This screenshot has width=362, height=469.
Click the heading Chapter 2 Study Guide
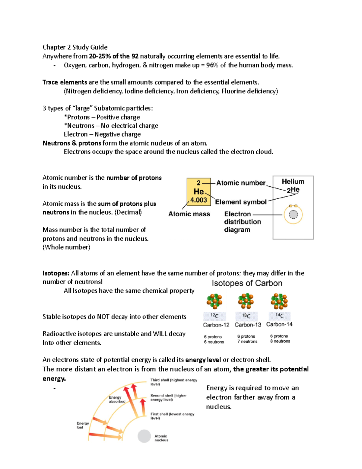click(x=75, y=47)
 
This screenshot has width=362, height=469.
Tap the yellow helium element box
click(x=198, y=191)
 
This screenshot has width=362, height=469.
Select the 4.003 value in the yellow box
click(x=198, y=200)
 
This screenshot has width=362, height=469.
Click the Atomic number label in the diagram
click(x=241, y=183)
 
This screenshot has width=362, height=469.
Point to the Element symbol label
click(x=241, y=202)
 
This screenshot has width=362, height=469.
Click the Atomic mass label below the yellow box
click(x=189, y=214)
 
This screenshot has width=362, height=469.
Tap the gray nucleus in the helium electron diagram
click(x=293, y=215)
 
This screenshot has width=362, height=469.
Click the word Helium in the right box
click(x=293, y=181)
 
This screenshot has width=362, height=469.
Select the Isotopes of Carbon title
click(x=247, y=283)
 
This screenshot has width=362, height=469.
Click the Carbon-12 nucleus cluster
click(x=214, y=301)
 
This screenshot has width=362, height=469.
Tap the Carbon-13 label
click(x=248, y=325)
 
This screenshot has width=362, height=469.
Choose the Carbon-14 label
click(x=279, y=324)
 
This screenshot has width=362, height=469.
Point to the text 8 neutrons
click(x=280, y=341)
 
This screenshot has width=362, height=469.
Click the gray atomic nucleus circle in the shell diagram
click(x=144, y=436)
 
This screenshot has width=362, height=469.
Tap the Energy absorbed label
click(x=117, y=399)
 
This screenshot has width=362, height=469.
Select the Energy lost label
click(x=82, y=425)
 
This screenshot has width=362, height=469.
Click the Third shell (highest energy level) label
click(x=173, y=382)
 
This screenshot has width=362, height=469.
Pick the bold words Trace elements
click(x=65, y=82)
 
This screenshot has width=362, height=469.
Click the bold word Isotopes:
click(x=56, y=273)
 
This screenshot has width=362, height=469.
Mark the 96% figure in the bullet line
click(x=212, y=65)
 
